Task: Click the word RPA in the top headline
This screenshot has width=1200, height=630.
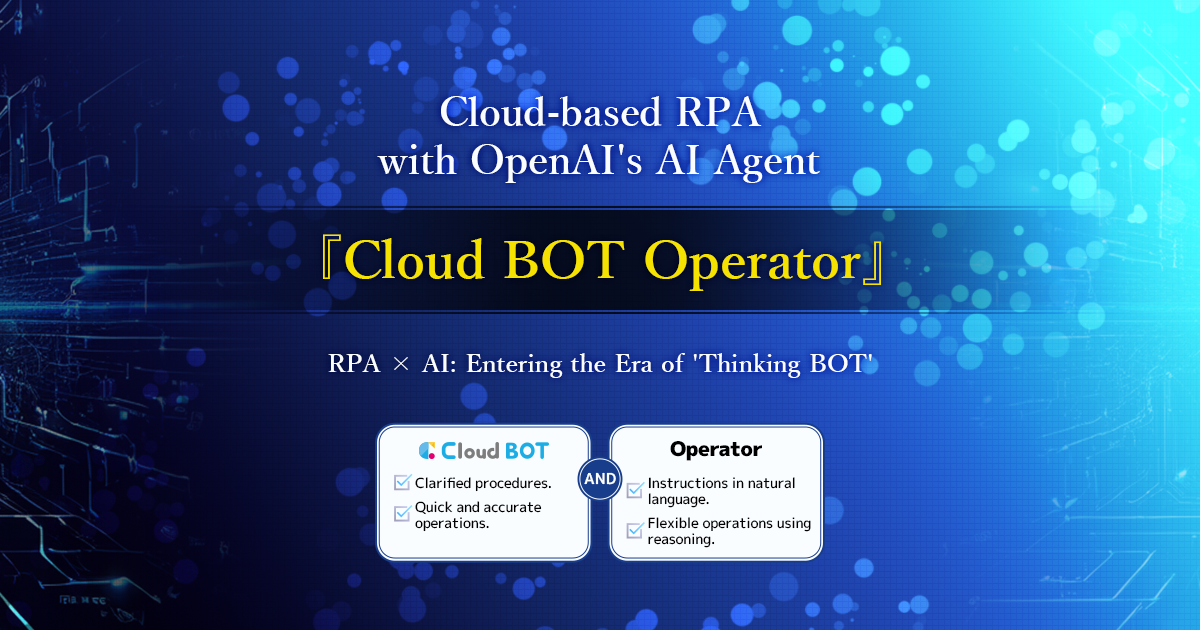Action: [x=718, y=112]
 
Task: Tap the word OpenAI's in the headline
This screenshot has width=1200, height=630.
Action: [x=556, y=162]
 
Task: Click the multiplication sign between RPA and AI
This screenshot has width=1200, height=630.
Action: [x=401, y=364]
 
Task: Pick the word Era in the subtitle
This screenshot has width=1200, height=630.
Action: [x=634, y=364]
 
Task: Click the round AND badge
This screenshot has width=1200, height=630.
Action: [x=600, y=479]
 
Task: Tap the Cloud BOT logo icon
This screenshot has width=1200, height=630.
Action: [x=427, y=451]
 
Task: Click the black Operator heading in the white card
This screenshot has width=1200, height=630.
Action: [x=716, y=449]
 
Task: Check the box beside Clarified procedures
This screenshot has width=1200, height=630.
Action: [x=402, y=482]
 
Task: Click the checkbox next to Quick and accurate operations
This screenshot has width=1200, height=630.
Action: [x=402, y=514]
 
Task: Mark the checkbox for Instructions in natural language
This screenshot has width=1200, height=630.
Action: [x=635, y=490]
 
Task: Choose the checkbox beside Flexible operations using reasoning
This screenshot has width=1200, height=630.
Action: [x=635, y=530]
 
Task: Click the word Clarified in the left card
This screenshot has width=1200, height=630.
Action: [x=442, y=483]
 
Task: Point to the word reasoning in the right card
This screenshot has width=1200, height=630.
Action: [x=681, y=539]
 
